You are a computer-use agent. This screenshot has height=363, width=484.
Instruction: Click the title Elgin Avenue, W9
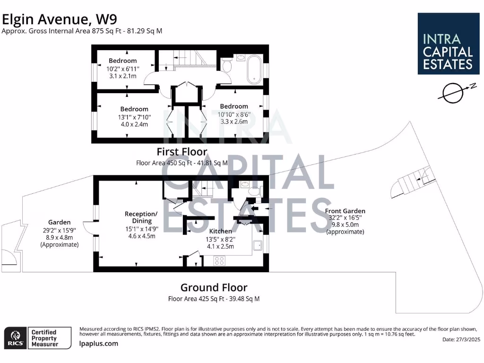coord(60,19)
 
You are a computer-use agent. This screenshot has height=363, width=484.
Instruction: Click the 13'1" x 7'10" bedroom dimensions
coord(134,117)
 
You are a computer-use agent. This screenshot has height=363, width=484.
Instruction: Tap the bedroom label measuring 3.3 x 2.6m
coord(233,114)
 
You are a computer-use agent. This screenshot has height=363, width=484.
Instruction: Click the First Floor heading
coord(182,152)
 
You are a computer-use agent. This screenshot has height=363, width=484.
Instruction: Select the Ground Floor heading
coord(214,287)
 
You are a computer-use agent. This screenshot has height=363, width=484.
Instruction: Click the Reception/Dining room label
coord(141,225)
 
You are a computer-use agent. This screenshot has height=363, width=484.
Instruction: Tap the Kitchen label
coord(221,231)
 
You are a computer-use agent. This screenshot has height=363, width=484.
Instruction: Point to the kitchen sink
coord(257,245)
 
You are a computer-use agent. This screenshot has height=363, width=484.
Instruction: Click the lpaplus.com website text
coord(99,344)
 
